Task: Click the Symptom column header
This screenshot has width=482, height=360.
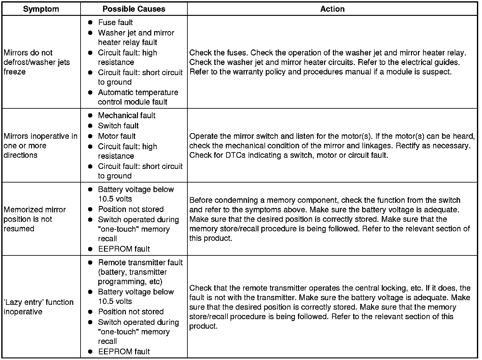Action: (x=41, y=9)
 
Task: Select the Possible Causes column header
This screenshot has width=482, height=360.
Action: (x=134, y=9)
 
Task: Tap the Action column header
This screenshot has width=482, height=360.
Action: (x=332, y=9)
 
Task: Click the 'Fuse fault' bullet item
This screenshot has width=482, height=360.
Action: (x=115, y=22)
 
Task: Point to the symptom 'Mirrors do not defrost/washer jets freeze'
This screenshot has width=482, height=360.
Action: (x=37, y=62)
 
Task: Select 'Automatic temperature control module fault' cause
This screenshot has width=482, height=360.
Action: (x=138, y=97)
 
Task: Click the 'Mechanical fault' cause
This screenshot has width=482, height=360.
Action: (x=127, y=115)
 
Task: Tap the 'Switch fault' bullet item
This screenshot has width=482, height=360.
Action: (x=118, y=126)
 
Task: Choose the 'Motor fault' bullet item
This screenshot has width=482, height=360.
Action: (x=117, y=136)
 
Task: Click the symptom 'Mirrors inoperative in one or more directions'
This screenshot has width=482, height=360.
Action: (x=40, y=145)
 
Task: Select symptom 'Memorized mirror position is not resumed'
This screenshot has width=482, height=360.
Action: (x=35, y=219)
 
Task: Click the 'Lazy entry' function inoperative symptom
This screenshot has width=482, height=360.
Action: (x=38, y=307)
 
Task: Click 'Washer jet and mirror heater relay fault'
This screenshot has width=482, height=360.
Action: (x=136, y=37)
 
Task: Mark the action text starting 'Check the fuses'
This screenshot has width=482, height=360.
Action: (x=328, y=62)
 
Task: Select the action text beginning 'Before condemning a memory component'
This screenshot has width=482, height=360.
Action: (x=329, y=219)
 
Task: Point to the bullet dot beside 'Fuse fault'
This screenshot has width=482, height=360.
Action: (x=90, y=22)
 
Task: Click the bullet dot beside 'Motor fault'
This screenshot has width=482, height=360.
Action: (x=90, y=136)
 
